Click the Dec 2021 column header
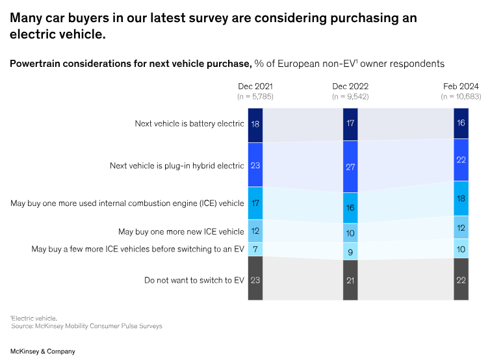click(255, 86)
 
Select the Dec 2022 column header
click(350, 86)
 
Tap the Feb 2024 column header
click(461, 86)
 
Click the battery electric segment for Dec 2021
click(255, 122)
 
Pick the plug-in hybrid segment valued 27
click(350, 166)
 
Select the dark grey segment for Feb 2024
click(461, 279)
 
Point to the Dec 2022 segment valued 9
click(350, 251)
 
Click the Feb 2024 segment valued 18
click(461, 199)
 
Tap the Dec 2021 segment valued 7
click(255, 249)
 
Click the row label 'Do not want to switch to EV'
click(194, 281)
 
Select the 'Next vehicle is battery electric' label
click(189, 123)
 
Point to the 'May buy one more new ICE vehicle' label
click(181, 231)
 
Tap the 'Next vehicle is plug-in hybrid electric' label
click(177, 166)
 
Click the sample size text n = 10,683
click(461, 96)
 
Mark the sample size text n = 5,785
click(255, 96)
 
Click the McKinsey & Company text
click(42, 351)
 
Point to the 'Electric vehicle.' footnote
click(34, 318)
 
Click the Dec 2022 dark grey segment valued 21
click(350, 280)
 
